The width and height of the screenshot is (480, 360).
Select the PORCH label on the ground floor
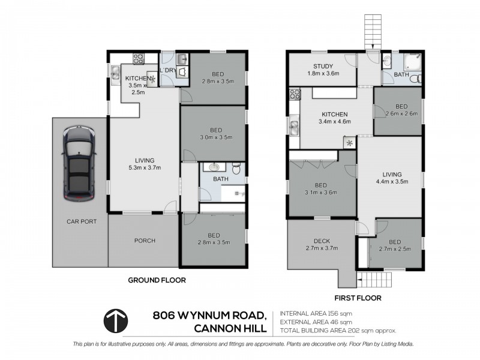tap(145, 241)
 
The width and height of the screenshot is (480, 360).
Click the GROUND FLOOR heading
tap(157, 280)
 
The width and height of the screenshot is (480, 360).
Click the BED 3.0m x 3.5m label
tap(216, 133)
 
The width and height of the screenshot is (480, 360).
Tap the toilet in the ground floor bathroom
tap(236, 170)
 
